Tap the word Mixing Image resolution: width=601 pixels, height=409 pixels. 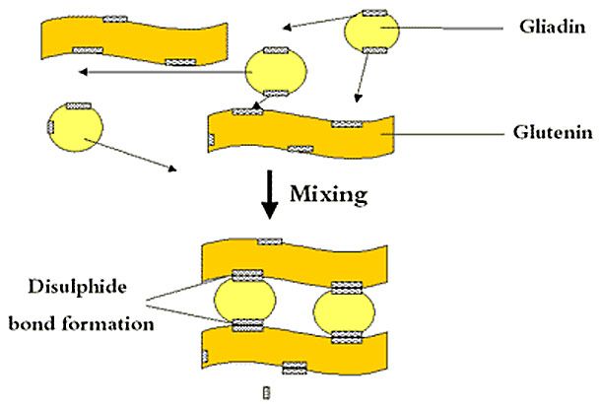click(x=328, y=194)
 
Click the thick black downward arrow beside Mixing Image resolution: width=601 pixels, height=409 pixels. click(x=267, y=198)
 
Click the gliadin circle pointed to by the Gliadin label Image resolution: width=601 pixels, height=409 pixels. click(x=372, y=34)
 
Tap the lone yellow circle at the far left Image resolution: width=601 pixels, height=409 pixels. click(x=74, y=127)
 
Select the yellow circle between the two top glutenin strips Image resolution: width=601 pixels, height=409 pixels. click(x=276, y=71)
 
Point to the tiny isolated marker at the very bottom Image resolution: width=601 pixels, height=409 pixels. click(x=263, y=393)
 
